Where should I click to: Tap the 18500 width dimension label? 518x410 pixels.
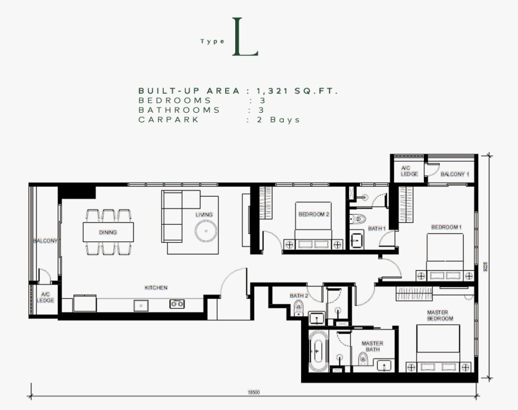coord(254,392)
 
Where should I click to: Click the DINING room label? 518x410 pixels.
coord(108,232)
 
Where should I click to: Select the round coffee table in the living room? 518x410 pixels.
coord(206,231)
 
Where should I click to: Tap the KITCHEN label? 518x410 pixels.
coord(156,288)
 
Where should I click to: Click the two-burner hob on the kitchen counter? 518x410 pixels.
coord(177,304)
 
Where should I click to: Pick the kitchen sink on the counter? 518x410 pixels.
coord(141,306)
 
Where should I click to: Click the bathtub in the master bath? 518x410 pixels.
coord(318,351)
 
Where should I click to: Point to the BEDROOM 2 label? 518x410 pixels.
coord(314,214)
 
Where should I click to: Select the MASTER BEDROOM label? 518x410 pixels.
coord(440,315)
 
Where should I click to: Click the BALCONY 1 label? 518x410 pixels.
coord(455,174)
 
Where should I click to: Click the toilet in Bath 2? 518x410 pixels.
coord(298,308)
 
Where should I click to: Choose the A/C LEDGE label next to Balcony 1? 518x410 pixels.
coord(409,171)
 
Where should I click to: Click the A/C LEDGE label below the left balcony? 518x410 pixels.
coord(45,297)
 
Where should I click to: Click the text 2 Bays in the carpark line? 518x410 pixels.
coord(278,119)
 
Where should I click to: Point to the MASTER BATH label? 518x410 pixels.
coord(372,346)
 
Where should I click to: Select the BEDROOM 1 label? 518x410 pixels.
coord(446,227)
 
